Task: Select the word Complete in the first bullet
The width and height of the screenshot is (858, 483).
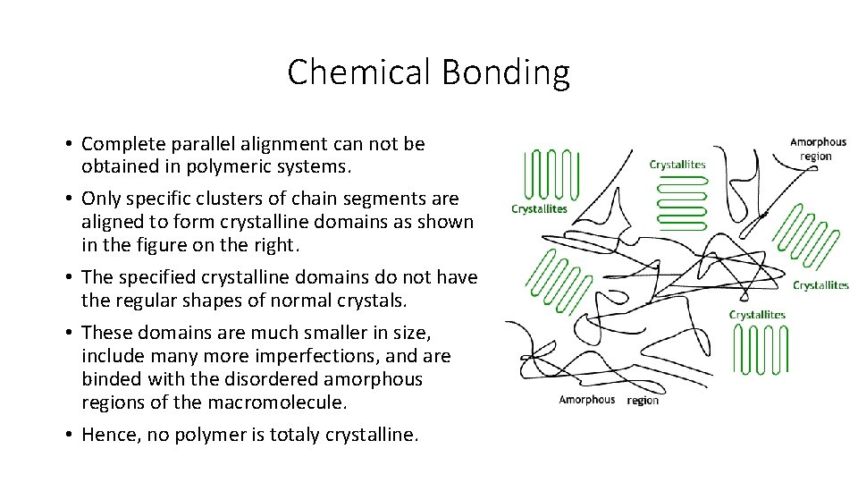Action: click(x=120, y=144)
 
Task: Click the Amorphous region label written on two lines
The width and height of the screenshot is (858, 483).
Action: click(x=818, y=148)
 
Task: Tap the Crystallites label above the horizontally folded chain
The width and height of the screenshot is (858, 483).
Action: click(x=677, y=165)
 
